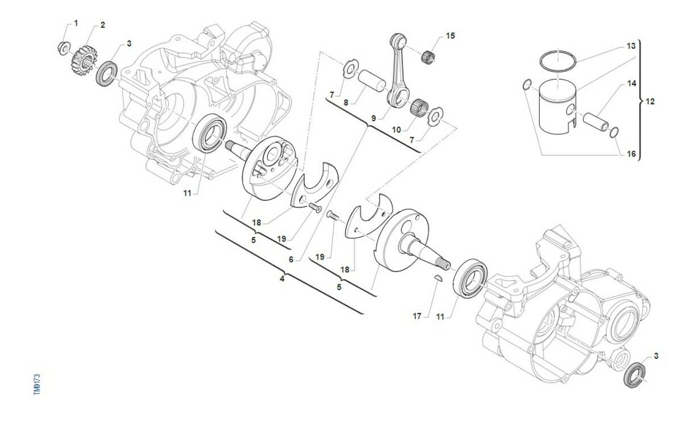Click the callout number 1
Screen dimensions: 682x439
pyautogui.click(x=76, y=23)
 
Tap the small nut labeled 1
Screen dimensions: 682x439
pyautogui.click(x=64, y=48)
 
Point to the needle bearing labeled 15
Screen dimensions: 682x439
pyautogui.click(x=429, y=57)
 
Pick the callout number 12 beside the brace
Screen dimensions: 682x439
pyautogui.click(x=650, y=101)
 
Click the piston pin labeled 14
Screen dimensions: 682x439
pyautogui.click(x=596, y=122)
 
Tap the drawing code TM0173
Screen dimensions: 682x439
pyautogui.click(x=37, y=384)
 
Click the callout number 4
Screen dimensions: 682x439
pyautogui.click(x=282, y=279)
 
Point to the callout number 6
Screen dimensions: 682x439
pyautogui.click(x=291, y=259)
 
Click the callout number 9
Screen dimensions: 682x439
pyautogui.click(x=373, y=118)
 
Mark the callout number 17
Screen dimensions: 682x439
pyautogui.click(x=417, y=316)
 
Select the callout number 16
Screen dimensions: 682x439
pyautogui.click(x=631, y=154)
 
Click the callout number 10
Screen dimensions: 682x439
pyautogui.click(x=396, y=130)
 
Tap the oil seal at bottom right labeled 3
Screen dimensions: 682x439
pyautogui.click(x=634, y=375)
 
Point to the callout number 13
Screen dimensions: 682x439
pyautogui.click(x=631, y=46)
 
